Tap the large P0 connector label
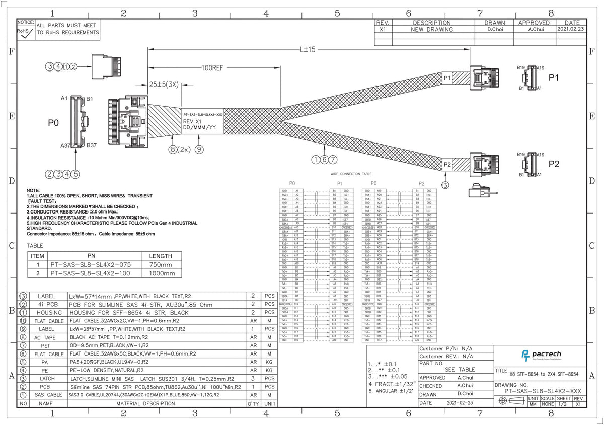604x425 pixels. [53, 122]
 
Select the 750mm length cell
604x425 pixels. [161, 264]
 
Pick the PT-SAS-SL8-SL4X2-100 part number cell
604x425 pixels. [91, 273]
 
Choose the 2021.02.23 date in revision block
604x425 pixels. [571, 30]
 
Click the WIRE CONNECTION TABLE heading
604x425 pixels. [351, 173]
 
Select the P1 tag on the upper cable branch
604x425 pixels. [447, 78]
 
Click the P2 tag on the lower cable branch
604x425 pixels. [447, 165]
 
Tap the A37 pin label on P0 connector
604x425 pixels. [65, 145]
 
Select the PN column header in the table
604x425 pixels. [91, 256]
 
